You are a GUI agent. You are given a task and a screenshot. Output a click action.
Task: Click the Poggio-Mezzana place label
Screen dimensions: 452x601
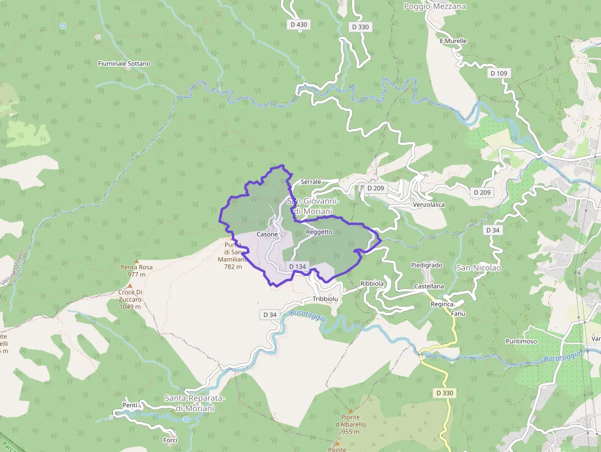tap(435, 6)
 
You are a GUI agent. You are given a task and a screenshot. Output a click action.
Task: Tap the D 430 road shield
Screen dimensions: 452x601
tap(298, 25)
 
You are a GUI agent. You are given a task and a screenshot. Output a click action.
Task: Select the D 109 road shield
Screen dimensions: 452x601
tap(499, 73)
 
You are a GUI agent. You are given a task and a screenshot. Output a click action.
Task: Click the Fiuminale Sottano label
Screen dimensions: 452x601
tap(124, 63)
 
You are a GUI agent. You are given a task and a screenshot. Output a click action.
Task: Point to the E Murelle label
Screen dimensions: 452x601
tap(453, 41)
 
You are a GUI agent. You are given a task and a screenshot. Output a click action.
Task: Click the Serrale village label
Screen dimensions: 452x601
tap(311, 182)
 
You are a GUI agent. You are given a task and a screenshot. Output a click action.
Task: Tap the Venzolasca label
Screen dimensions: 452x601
tap(429, 204)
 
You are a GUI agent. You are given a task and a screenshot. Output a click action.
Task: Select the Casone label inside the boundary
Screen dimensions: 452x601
tap(267, 234)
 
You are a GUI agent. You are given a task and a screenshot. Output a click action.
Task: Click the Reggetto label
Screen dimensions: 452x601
tap(319, 232)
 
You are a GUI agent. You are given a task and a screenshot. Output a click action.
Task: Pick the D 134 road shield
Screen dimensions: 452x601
tap(297, 266)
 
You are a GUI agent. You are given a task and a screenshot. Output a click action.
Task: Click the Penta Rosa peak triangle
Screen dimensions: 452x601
tap(137, 261)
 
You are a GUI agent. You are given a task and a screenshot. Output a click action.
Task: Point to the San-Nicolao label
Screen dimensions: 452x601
tap(478, 268)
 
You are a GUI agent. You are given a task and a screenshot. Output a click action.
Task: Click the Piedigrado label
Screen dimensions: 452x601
tap(426, 265)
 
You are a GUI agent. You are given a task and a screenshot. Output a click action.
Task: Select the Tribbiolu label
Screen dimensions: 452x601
tap(325, 299)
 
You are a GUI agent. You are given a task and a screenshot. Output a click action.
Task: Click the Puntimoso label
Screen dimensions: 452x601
tap(521, 341)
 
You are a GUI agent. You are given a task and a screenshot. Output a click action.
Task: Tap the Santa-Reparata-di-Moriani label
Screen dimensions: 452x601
tap(194, 403)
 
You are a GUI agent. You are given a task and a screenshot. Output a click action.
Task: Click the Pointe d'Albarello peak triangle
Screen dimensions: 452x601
tap(351, 410)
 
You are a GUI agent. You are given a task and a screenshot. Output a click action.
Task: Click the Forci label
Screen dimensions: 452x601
tap(170, 440)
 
